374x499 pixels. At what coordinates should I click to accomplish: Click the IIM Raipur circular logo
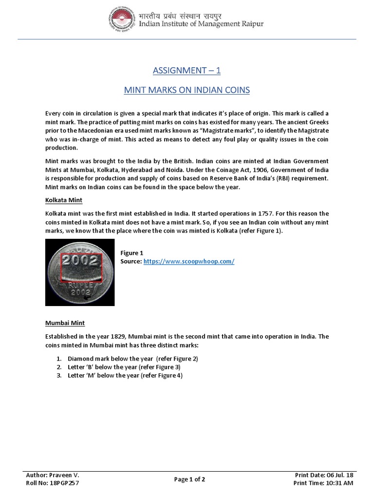coord(122,19)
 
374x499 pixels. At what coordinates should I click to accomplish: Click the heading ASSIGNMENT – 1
coord(187,71)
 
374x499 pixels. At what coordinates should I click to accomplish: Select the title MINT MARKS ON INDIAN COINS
coord(187,90)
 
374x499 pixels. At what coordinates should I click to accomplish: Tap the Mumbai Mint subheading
coord(65,323)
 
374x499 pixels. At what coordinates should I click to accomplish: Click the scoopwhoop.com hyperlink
coord(189,262)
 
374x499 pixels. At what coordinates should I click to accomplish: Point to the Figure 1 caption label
coord(131,253)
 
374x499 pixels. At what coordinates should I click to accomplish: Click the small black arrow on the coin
coord(88,297)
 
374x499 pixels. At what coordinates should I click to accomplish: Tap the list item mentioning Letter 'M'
coord(125,375)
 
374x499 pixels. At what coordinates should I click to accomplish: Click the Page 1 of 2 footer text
coord(189,479)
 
